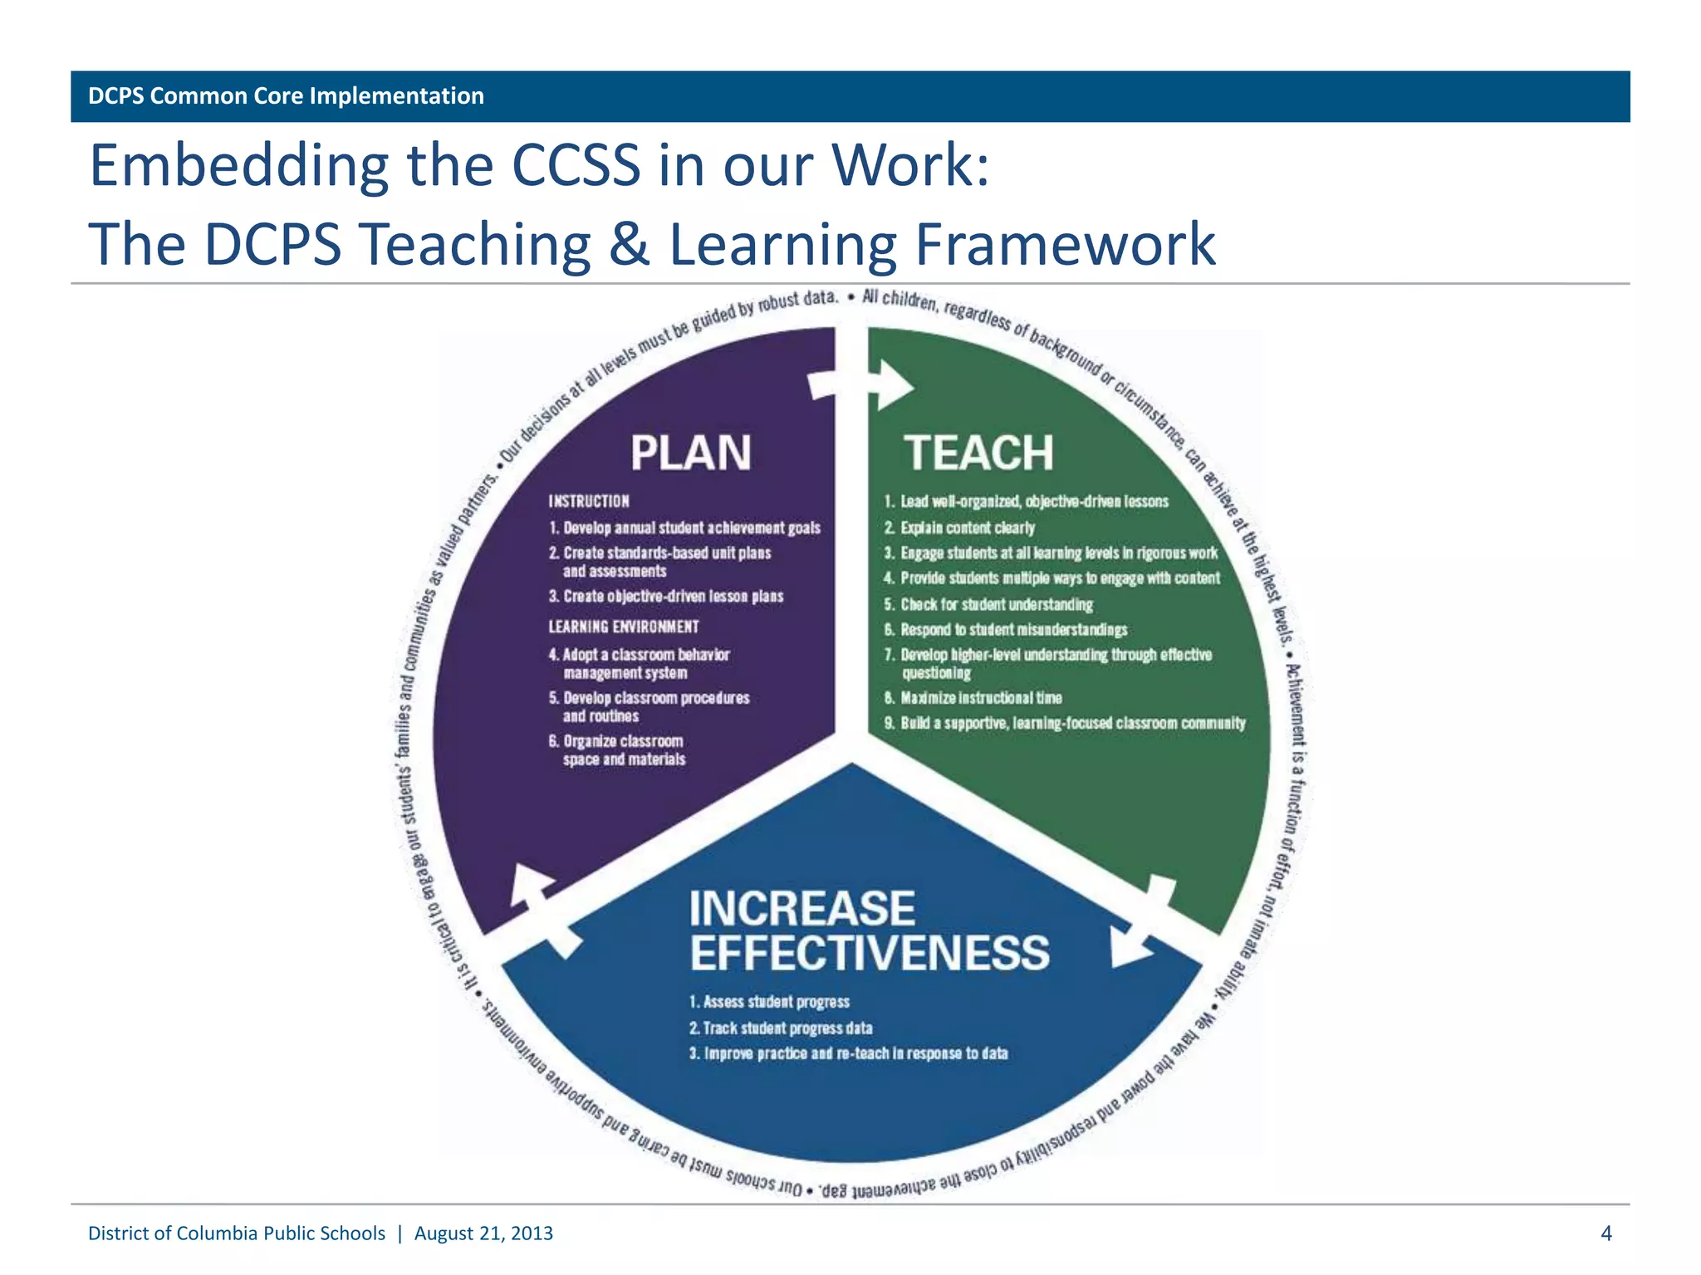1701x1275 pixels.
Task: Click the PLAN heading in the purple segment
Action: click(x=690, y=453)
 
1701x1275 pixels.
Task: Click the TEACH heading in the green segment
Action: click(x=978, y=453)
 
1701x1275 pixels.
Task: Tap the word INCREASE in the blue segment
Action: click(x=801, y=908)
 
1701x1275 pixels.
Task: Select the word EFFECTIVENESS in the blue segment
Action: click(x=870, y=953)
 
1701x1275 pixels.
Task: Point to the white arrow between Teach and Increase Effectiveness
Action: click(x=1144, y=923)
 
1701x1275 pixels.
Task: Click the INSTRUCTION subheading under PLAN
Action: click(x=588, y=501)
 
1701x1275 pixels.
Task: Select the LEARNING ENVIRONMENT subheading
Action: click(x=623, y=627)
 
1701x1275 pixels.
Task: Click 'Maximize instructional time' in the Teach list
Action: click(x=980, y=698)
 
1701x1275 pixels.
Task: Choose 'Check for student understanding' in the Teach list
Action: click(x=996, y=604)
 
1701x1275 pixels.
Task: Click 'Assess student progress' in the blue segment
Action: click(x=776, y=1002)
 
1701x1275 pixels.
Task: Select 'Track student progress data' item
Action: click(x=787, y=1028)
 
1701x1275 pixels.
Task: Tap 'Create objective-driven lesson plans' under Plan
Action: click(x=673, y=596)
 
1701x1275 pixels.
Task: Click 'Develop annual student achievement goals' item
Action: click(x=691, y=528)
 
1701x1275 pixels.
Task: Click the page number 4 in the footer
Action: click(x=1605, y=1233)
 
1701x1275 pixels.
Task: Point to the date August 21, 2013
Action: click(x=483, y=1233)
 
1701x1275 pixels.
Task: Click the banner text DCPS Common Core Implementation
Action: click(x=286, y=96)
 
